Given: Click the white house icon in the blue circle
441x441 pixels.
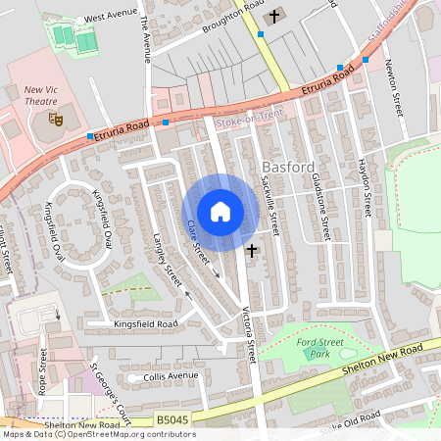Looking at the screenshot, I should click(x=220, y=211).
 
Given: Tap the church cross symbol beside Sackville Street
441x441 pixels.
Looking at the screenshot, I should click(x=252, y=251).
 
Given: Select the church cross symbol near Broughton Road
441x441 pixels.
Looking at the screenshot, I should click(x=274, y=15).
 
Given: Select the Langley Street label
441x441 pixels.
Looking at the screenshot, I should click(x=163, y=258).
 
